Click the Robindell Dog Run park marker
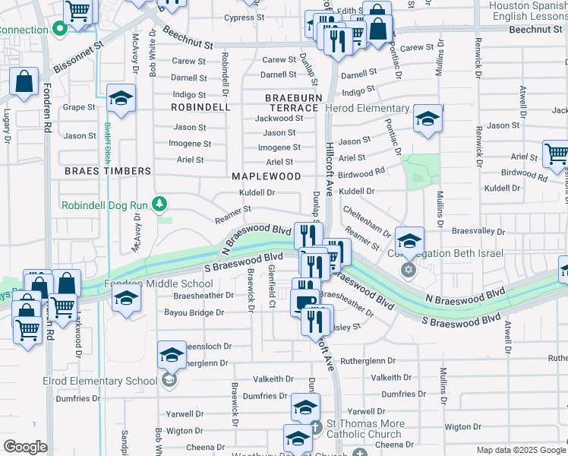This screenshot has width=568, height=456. pos(159,204)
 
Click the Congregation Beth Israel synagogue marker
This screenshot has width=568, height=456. pos(409,271)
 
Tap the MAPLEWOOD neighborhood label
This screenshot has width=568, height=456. pos(267,176)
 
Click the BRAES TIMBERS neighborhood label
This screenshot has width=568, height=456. pos(107,171)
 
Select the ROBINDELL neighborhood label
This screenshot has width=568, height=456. pos(200,107)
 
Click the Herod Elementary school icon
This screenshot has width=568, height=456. pos(428,119)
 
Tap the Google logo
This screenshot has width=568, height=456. pos(25,447)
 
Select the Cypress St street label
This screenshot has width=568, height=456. pos(245,17)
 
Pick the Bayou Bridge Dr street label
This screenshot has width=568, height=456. pos(194,312)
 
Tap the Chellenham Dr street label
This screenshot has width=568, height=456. pos(366,220)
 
